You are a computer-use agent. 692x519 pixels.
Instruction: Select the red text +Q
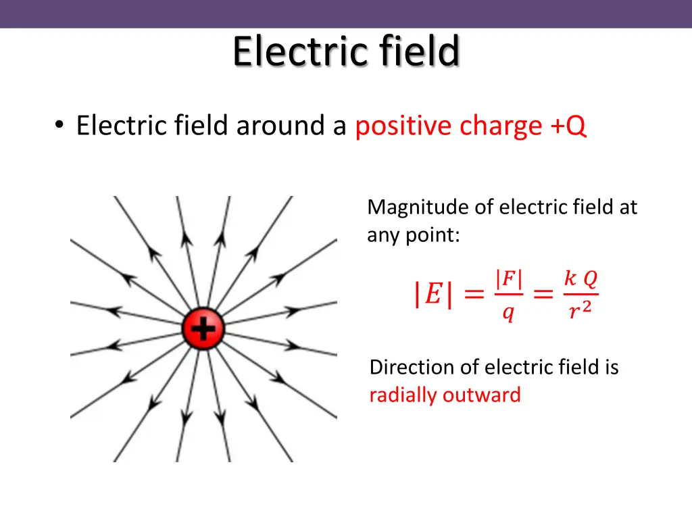[x=568, y=126]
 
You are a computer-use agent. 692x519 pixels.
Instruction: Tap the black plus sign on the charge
[x=203, y=330]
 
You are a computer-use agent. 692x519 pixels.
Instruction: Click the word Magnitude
[x=418, y=207]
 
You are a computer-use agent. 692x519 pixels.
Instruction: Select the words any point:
[x=414, y=237]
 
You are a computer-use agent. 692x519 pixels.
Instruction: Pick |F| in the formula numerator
[x=509, y=279]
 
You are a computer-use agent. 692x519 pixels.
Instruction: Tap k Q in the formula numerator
[x=580, y=278]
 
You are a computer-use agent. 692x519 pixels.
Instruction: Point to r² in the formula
[x=580, y=312]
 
